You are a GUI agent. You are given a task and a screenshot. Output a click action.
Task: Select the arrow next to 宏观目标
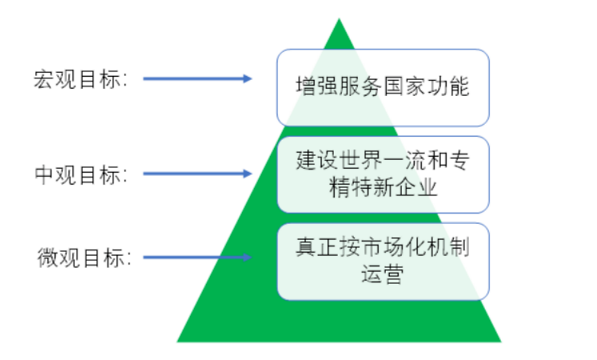pos(197,79)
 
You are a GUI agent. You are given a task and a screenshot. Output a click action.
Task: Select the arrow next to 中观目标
pos(197,173)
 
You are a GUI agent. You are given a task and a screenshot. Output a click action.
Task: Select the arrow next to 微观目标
pos(197,258)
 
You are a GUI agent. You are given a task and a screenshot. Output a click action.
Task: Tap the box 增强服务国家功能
pos(383,88)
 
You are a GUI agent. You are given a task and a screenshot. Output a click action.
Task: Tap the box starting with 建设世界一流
pos(383,174)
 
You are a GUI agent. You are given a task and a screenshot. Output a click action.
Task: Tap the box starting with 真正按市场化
pos(383,261)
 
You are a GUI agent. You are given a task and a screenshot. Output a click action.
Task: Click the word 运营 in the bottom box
pos(382,276)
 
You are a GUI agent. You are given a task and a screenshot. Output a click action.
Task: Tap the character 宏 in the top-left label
pos(42,80)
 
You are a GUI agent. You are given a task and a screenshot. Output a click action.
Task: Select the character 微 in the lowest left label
pos(47,259)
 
